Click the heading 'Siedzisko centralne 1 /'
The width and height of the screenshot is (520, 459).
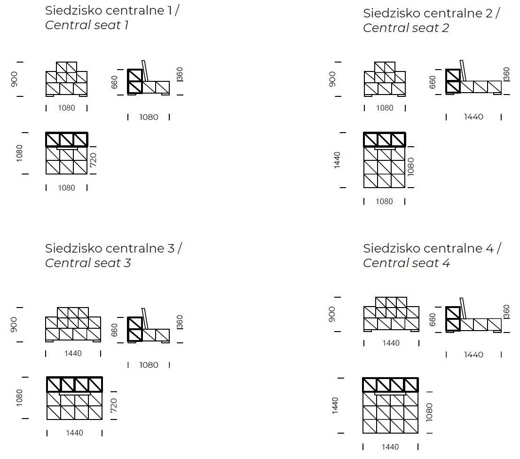click(112, 10)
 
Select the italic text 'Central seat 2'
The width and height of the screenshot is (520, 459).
click(406, 28)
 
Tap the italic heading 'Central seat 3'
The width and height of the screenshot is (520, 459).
click(88, 263)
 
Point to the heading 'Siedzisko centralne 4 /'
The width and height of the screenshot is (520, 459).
click(432, 248)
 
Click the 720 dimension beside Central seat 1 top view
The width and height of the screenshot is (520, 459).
click(93, 159)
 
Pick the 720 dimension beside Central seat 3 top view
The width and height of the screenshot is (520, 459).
click(114, 405)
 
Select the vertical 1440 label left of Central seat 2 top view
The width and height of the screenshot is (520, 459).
click(337, 160)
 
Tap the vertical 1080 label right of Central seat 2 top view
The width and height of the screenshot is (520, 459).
click(410, 166)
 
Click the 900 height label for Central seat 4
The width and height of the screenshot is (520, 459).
click(332, 314)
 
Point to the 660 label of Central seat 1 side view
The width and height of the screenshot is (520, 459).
click(114, 82)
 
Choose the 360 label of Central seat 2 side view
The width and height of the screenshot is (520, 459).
click(506, 74)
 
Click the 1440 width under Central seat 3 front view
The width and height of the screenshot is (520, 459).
click(73, 353)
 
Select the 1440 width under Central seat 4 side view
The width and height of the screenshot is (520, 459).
click(473, 355)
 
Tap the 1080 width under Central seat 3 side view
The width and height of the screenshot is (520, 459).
click(149, 365)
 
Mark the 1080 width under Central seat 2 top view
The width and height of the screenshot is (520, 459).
click(384, 201)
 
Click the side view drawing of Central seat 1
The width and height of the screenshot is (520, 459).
click(149, 78)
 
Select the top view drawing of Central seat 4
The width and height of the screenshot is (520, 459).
click(390, 405)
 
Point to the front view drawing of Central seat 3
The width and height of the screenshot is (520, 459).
click(73, 324)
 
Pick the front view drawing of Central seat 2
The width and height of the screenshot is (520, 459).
click(385, 79)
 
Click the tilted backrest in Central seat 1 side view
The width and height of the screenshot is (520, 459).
click(145, 71)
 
